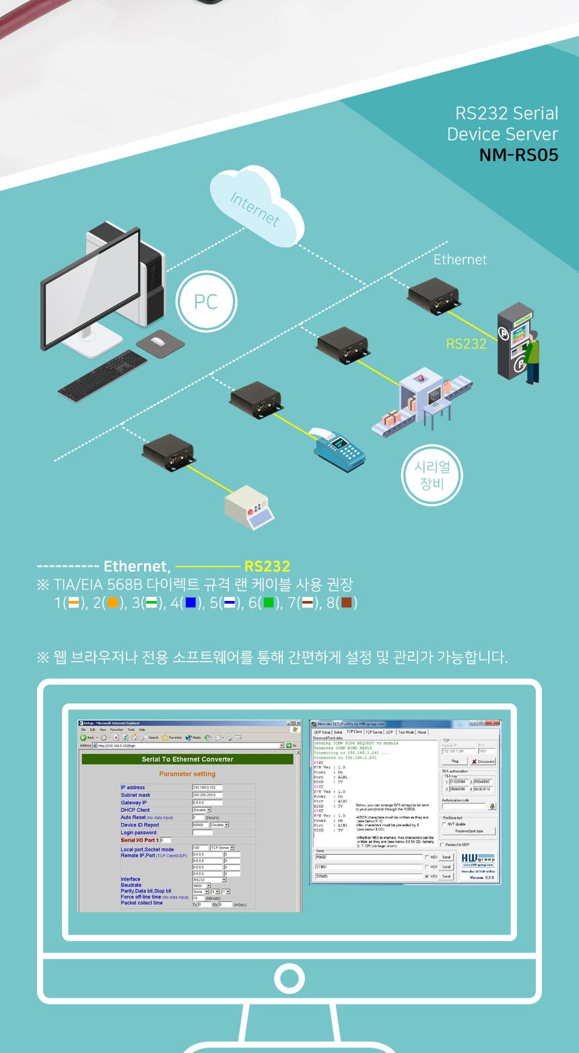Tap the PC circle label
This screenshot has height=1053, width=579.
[205, 302]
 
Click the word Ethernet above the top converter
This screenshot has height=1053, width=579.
[460, 259]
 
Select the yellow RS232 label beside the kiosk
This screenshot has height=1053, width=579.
[466, 344]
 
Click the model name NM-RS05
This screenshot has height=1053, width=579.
[518, 155]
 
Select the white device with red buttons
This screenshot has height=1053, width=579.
[250, 505]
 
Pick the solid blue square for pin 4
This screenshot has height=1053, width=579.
[191, 602]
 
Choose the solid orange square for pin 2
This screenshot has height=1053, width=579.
[112, 602]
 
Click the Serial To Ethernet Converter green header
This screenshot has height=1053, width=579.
[187, 759]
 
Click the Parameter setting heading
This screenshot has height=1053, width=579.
[187, 774]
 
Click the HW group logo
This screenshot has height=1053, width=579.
[478, 858]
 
